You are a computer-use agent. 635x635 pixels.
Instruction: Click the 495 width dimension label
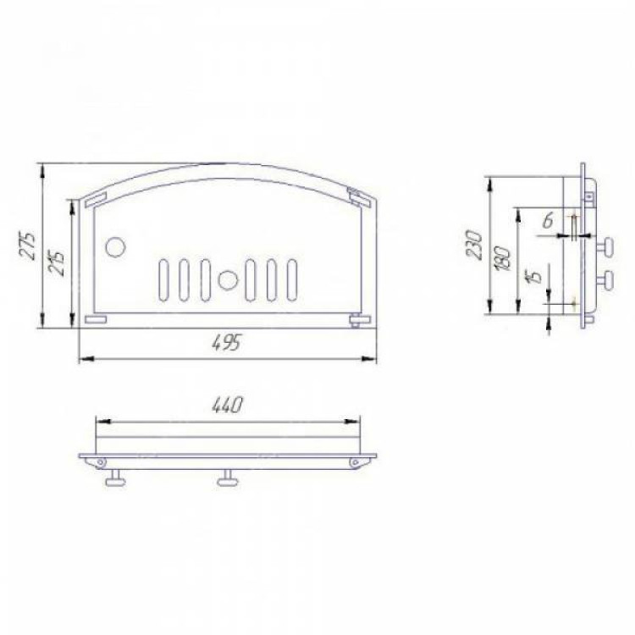tap(226, 344)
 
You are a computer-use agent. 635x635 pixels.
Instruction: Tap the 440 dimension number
tap(227, 405)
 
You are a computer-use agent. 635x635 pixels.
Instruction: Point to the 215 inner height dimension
tap(58, 263)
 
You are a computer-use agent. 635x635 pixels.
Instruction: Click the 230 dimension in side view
tap(474, 244)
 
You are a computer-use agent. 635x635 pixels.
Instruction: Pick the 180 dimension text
tap(503, 258)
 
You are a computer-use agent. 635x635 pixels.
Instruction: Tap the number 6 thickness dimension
tap(549, 222)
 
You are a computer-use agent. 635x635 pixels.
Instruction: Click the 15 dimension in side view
tap(536, 277)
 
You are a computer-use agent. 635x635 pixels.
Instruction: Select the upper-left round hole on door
tap(115, 246)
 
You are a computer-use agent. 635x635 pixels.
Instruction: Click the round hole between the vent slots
tap(228, 280)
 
